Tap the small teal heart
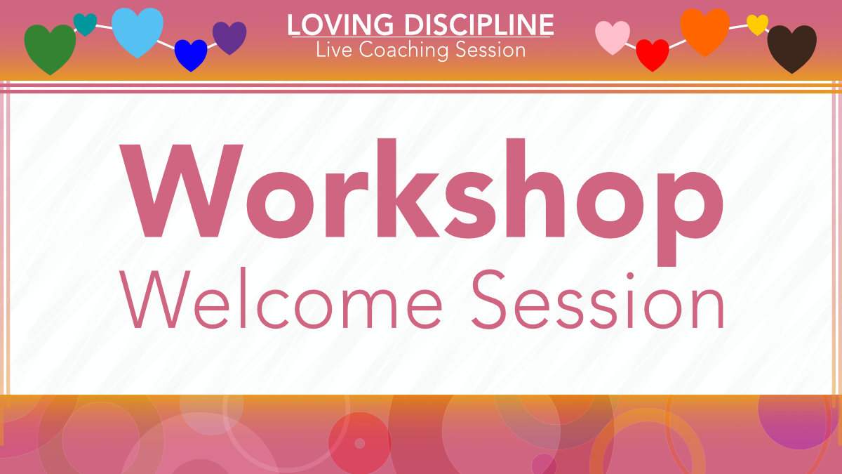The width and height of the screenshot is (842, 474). [x=85, y=24]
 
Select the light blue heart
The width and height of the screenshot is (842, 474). [x=138, y=32]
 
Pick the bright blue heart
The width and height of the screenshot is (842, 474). [x=191, y=54]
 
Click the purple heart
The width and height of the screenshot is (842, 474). [x=229, y=37]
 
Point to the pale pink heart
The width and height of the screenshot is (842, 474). [x=613, y=37]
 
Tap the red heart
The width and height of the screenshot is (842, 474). [x=653, y=54]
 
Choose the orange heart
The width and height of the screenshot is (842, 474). [x=704, y=32]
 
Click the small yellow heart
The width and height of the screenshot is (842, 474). [x=757, y=24]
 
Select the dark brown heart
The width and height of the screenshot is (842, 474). [x=792, y=48]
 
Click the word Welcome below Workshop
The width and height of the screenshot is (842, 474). [x=283, y=301]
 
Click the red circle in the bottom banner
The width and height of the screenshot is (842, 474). [x=359, y=443]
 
